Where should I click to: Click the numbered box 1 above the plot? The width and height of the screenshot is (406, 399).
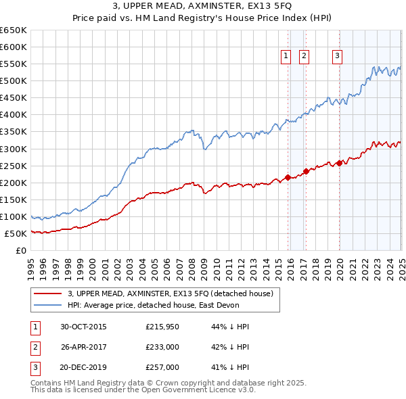(x=286, y=57)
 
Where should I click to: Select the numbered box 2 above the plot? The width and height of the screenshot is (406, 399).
(x=304, y=57)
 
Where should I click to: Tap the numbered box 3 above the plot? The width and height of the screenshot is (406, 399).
(x=336, y=57)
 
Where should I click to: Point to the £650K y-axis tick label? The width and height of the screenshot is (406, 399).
(x=14, y=30)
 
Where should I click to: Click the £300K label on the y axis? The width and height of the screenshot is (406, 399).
(x=14, y=149)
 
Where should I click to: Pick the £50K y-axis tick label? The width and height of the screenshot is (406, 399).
(x=16, y=233)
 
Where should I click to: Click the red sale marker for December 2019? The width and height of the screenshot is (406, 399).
(x=339, y=163)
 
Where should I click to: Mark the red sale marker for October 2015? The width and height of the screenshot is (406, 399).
(x=288, y=177)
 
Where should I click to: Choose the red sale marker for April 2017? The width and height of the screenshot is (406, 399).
(x=306, y=171)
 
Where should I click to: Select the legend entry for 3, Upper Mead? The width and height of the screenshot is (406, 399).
(x=170, y=294)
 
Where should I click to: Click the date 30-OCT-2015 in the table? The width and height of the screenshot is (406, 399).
(x=83, y=327)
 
